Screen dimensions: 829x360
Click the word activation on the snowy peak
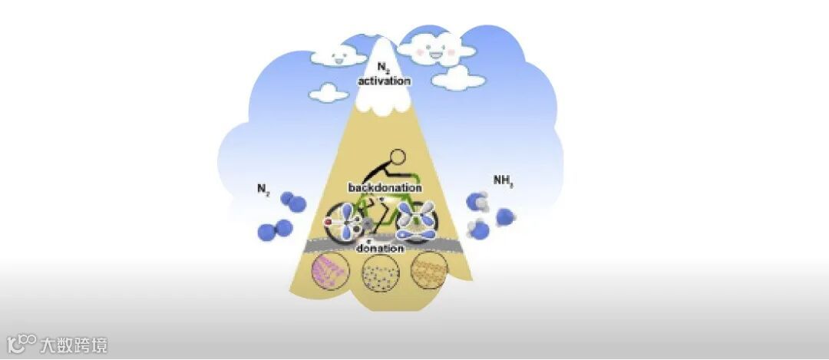point(384,81)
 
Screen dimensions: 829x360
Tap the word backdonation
point(384,187)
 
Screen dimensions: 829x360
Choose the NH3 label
point(503,181)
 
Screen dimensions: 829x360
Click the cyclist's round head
point(398,158)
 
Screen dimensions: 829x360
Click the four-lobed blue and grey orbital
point(416,219)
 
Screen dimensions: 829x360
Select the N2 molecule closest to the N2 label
point(292,202)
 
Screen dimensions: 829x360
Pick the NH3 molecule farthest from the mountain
point(505,216)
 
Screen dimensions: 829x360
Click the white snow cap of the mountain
point(382,96)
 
